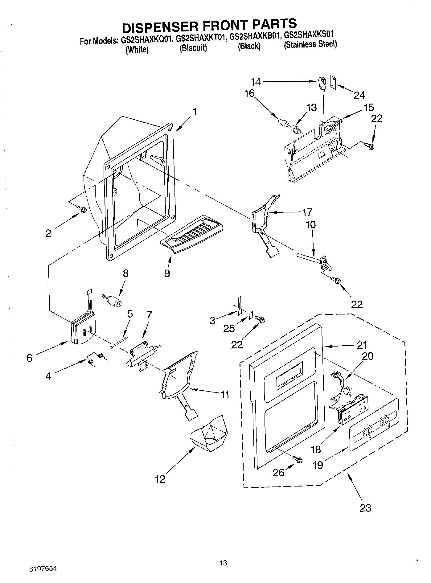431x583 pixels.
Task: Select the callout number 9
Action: [x=167, y=273]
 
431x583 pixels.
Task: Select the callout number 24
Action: [x=359, y=95]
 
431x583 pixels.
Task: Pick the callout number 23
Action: [x=366, y=508]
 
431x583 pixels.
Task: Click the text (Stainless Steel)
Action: [x=310, y=44]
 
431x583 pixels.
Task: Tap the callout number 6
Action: [x=29, y=358]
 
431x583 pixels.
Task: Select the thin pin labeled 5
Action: [x=119, y=342]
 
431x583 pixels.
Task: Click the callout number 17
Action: [x=307, y=212]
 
